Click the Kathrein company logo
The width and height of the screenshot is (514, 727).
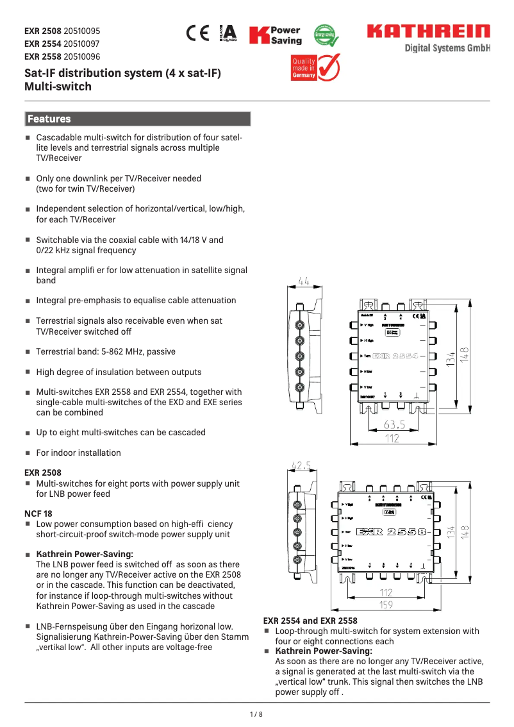tap(427, 31)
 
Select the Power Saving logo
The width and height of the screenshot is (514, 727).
tap(275, 35)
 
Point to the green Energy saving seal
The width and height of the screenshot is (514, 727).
tap(326, 35)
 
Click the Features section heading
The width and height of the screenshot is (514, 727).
tap(49, 119)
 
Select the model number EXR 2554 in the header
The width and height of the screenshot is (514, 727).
tap(43, 44)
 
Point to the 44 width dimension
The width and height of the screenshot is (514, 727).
tap(304, 281)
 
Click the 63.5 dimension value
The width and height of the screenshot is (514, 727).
tap(394, 424)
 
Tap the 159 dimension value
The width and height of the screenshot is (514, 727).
tap(385, 605)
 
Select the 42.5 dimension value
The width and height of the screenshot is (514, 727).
tap(301, 465)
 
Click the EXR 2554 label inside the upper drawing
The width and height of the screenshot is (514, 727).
tap(395, 356)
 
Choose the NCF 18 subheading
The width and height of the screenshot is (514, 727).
tap(38, 514)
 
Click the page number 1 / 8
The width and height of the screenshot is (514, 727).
tap(256, 714)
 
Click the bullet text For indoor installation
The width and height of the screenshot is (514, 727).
tap(78, 453)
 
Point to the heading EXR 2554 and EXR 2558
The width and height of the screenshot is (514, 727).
tap(310, 621)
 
